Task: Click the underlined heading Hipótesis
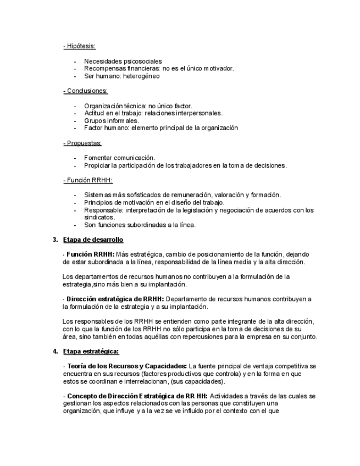81,46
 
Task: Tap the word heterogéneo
142,76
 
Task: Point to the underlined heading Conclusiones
87,91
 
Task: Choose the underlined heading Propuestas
84,143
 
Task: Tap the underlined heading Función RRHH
89,180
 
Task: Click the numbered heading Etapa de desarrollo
93,240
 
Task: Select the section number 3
55,240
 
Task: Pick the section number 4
55,351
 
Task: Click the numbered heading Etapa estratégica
91,351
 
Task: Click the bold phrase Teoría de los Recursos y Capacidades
126,366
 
